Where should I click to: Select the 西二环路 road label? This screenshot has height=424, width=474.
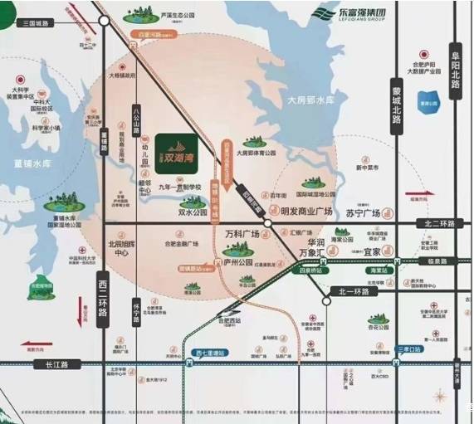coord(103,300)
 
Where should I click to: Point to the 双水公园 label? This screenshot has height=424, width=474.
coord(193,212)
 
